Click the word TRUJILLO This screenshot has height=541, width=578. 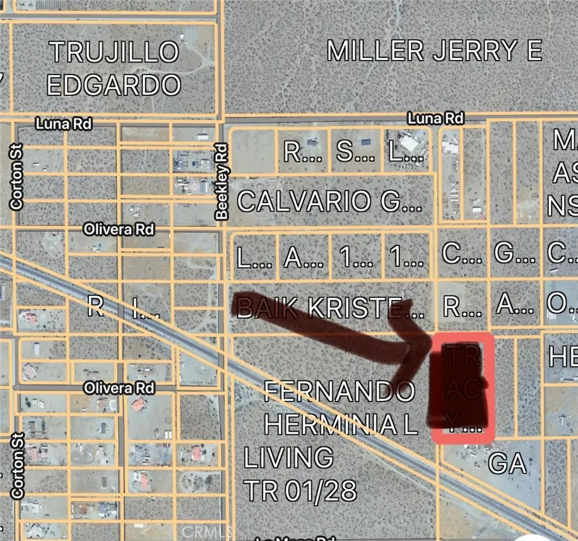[x=114, y=52]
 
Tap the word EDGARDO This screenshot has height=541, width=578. [x=114, y=85]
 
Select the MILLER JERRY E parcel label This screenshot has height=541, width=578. [x=434, y=51]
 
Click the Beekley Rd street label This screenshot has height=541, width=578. [x=221, y=182]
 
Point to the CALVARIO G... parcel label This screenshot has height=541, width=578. [x=329, y=202]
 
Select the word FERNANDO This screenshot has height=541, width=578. [x=339, y=391]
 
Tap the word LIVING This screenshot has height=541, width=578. [x=289, y=457]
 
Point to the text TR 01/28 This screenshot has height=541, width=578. [x=300, y=490]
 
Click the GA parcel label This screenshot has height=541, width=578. [x=507, y=465]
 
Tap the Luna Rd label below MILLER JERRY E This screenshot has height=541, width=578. [x=435, y=118]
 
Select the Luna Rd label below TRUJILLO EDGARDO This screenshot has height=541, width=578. [x=64, y=124]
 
